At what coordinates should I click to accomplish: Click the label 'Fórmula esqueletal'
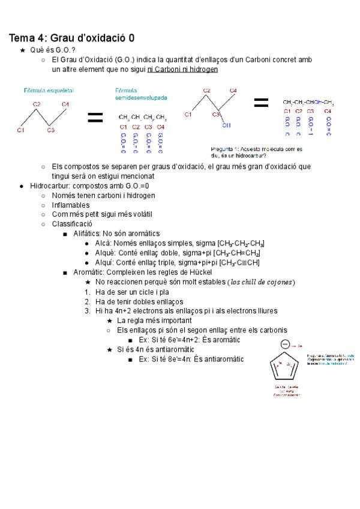[x=48, y=90]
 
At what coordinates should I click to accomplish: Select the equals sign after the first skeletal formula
[x=95, y=118]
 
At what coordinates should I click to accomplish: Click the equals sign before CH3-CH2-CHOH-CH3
[x=261, y=103]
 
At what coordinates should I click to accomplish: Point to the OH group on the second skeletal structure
[x=226, y=125]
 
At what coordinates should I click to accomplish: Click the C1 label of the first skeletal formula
[x=20, y=130]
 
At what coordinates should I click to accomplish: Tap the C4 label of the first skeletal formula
[x=65, y=104]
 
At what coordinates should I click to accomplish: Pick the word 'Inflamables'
[x=71, y=205]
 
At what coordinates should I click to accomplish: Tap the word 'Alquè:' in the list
[x=106, y=253]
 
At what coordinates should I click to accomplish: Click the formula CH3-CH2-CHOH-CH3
[x=308, y=103]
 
